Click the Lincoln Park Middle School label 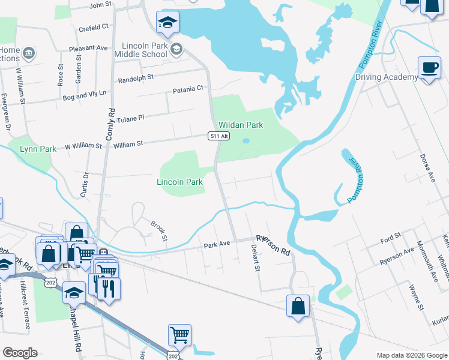click(143, 50)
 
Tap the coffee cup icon click(429, 67)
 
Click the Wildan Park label click(240, 125)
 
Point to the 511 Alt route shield click(219, 136)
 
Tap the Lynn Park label click(38, 149)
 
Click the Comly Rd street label click(110, 124)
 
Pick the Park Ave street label click(217, 245)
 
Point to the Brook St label click(158, 229)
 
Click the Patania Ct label click(188, 89)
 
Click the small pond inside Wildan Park click(246, 142)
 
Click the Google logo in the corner click(20, 353)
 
